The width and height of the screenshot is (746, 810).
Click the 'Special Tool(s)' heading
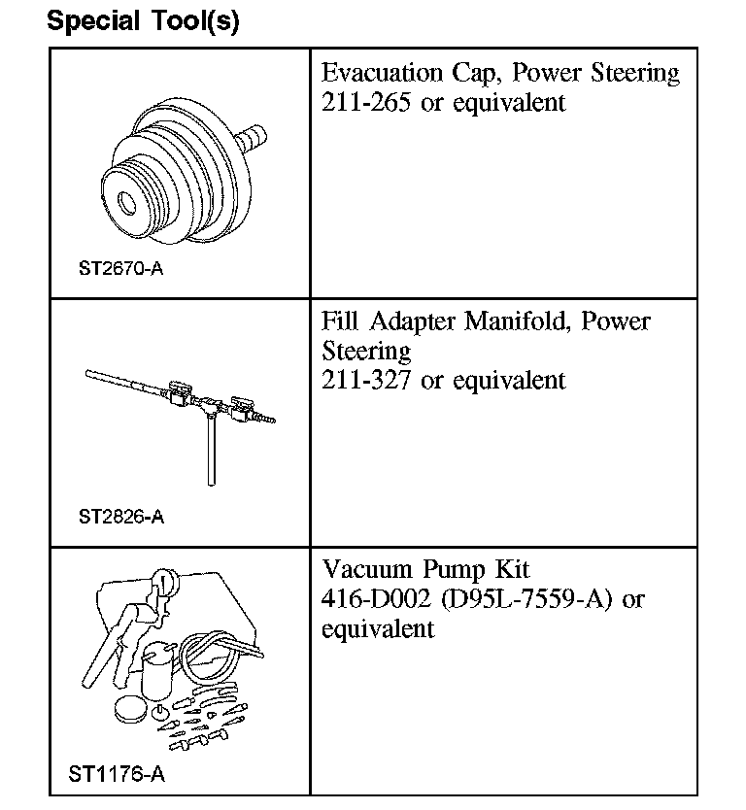(143, 21)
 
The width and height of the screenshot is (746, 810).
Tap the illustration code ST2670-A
(120, 269)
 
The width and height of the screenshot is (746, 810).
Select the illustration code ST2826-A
(121, 517)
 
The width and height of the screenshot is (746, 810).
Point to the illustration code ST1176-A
(117, 774)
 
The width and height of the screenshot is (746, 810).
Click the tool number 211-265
(366, 102)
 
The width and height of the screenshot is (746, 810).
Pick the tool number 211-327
(366, 380)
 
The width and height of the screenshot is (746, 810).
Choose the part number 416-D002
(376, 598)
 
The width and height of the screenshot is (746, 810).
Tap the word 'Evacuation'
(383, 72)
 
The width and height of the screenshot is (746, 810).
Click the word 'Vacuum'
(367, 569)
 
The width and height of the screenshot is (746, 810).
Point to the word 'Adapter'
(412, 322)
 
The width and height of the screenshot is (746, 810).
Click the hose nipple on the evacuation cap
(252, 138)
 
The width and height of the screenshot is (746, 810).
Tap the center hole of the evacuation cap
(126, 203)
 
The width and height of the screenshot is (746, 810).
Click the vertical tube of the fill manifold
(211, 450)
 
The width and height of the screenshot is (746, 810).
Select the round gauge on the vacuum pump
(165, 583)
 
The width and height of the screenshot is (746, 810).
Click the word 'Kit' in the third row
(512, 569)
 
